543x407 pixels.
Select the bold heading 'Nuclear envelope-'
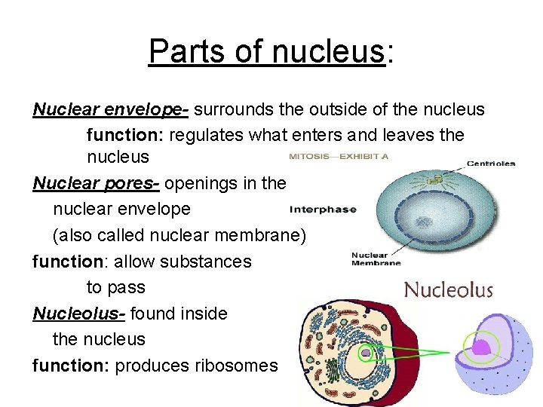pos(110,110)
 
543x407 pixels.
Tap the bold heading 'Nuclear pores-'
pos(96,183)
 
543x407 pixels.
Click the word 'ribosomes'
pos(236,366)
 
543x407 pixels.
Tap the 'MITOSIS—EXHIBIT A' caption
pos(339,157)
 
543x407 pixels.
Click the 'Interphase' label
pos(323,210)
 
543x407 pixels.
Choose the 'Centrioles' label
pos(491,163)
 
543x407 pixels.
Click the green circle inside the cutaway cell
pos(365,352)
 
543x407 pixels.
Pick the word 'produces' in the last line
pos(153,366)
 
